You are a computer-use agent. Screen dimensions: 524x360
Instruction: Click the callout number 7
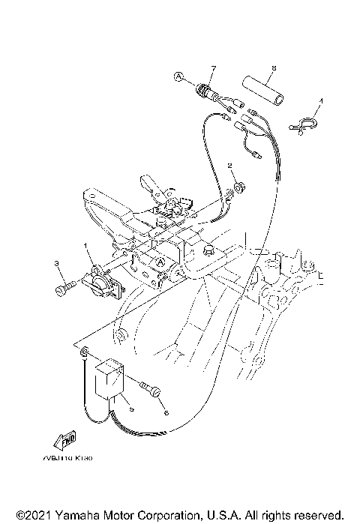(x=212, y=69)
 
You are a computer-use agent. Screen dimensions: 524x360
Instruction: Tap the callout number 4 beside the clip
(x=321, y=100)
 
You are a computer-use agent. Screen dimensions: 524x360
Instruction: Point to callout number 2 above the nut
(x=231, y=166)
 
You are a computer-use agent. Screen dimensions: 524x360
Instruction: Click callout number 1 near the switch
(x=86, y=245)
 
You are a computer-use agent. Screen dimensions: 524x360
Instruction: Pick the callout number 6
(x=166, y=411)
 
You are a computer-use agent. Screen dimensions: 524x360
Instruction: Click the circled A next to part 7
(x=178, y=76)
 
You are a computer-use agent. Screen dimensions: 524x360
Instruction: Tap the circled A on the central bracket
(x=160, y=262)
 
